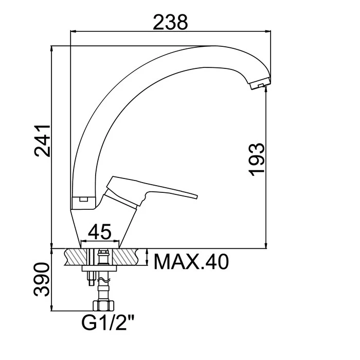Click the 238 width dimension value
tap(170, 22)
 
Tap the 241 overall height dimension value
tap(42, 141)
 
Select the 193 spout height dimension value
tap(257, 159)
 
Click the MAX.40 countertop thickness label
tap(191, 262)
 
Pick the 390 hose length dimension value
tap(42, 280)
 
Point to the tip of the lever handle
tap(197, 197)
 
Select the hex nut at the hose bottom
tap(103, 305)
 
